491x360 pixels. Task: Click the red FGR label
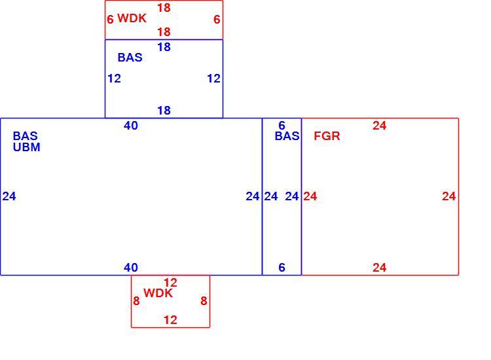[327, 136]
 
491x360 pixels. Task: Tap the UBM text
[27, 147]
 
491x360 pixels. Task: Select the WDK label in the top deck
[132, 18]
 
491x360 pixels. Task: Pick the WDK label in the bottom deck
[158, 293]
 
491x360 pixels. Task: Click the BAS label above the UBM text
[25, 136]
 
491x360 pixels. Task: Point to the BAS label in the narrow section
[287, 136]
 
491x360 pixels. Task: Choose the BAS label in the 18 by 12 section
[130, 58]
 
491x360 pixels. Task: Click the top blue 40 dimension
[131, 126]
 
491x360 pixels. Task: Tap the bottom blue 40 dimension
[131, 268]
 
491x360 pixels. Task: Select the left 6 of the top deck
[110, 20]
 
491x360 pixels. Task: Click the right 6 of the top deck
[217, 20]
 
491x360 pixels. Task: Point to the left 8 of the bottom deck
[136, 301]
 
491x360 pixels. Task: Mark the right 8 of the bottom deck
[204, 301]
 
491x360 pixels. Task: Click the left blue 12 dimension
[114, 79]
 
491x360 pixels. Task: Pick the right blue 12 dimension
[214, 79]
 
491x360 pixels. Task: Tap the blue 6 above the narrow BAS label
[282, 126]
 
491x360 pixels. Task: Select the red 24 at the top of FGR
[380, 126]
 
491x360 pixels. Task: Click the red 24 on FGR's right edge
[448, 196]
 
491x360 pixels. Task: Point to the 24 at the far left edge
[9, 196]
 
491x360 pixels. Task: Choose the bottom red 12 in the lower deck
[170, 320]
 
